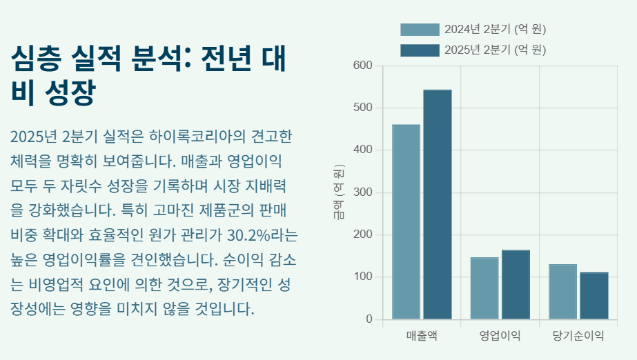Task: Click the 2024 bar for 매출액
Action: [x=406, y=222]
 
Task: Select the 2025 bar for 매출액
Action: [x=437, y=205]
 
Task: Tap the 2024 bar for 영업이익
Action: [x=484, y=288]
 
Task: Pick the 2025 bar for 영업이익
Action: [x=515, y=285]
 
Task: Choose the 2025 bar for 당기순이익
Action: [x=594, y=296]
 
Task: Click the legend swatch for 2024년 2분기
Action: [x=420, y=30]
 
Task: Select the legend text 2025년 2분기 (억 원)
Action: [x=495, y=50]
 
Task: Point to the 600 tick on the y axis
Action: [x=363, y=66]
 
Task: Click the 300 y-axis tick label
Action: [x=363, y=192]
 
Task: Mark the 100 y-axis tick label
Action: [x=363, y=277]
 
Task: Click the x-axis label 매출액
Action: [x=422, y=336]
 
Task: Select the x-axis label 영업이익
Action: [x=500, y=336]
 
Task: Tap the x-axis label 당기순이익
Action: [x=578, y=336]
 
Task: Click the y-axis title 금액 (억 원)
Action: [x=339, y=192]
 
